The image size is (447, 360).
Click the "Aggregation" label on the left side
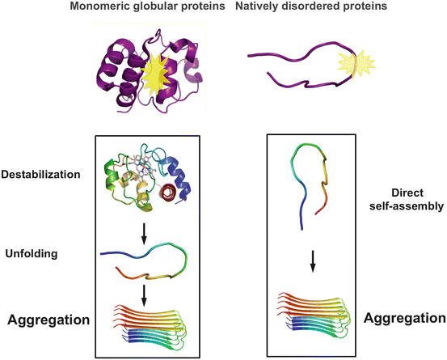point(48,320)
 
